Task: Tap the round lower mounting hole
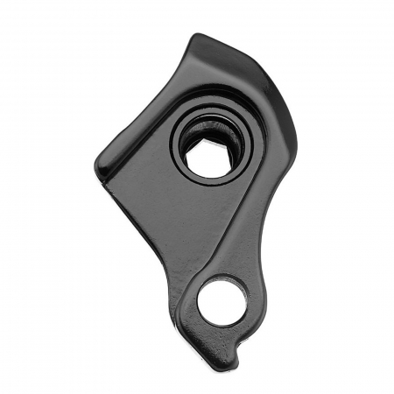coord(222,301)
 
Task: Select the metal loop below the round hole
coord(219,337)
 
